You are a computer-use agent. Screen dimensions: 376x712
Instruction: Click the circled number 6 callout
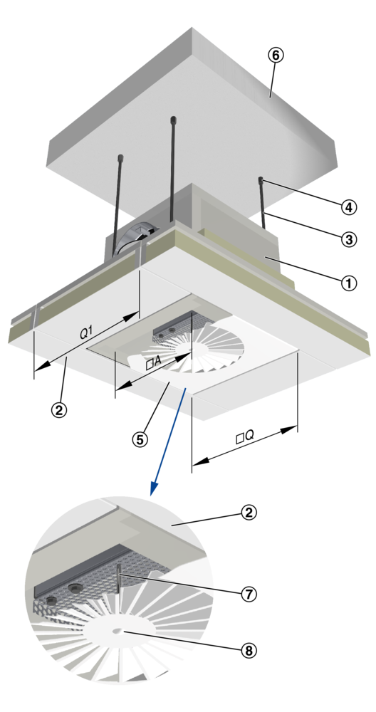276,55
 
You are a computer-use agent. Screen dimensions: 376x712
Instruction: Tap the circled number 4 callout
348,207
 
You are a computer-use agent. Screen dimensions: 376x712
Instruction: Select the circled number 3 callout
349,239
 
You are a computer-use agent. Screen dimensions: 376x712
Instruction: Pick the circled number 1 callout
349,283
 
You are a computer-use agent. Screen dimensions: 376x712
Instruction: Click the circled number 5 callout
140,439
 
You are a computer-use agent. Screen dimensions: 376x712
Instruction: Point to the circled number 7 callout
249,594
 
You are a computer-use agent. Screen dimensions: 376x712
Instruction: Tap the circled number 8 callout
249,650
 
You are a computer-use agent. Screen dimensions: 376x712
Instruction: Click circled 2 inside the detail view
249,513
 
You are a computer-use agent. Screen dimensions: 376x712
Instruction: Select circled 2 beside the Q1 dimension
58,409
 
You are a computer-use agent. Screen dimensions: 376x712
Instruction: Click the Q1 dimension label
86,333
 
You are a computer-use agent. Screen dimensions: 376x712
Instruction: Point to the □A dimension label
154,362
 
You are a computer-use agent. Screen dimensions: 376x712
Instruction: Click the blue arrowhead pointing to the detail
155,488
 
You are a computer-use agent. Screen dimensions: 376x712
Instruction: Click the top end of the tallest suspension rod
173,120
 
